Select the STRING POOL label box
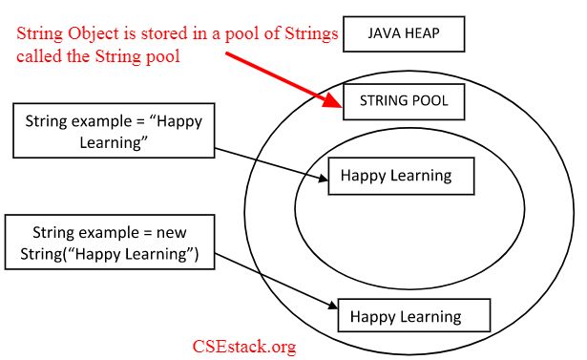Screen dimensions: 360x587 click(x=403, y=99)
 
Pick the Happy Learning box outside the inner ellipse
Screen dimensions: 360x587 click(x=412, y=315)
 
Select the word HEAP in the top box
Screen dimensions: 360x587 click(x=421, y=34)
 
